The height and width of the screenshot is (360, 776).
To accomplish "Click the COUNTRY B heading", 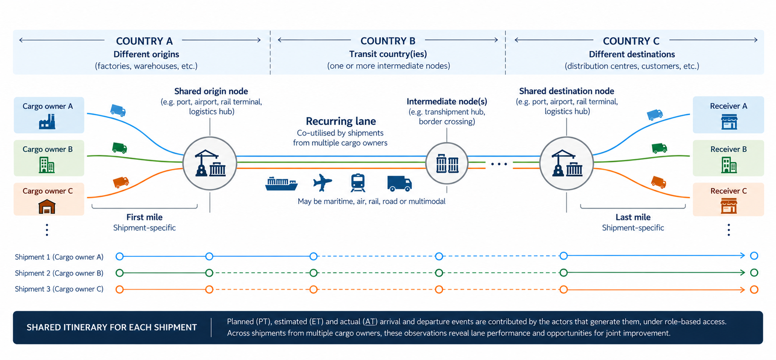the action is (x=388, y=41).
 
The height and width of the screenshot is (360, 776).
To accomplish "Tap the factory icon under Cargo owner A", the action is (x=47, y=122).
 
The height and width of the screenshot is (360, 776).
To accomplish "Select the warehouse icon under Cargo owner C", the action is (x=47, y=207).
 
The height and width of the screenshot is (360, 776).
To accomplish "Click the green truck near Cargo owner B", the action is (x=120, y=148).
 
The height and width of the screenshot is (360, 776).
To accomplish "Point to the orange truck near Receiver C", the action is (x=658, y=182).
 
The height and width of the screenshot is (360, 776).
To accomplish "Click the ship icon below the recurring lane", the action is (x=281, y=184).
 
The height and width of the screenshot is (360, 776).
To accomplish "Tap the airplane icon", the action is (x=323, y=183).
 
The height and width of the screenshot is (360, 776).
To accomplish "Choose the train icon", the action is (x=358, y=183).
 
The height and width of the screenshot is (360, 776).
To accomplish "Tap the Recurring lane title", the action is (x=341, y=121).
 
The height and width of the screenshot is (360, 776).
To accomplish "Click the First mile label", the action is (x=144, y=217).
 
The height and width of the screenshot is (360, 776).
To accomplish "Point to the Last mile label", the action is (x=633, y=217).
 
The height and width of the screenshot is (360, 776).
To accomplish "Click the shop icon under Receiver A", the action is (x=729, y=122).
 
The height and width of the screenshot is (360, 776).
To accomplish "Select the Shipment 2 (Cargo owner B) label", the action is (x=59, y=273).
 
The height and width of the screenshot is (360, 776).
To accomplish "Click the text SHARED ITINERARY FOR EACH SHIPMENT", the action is (x=112, y=328).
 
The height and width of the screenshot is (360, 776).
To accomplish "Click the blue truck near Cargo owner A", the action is (x=118, y=110).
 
